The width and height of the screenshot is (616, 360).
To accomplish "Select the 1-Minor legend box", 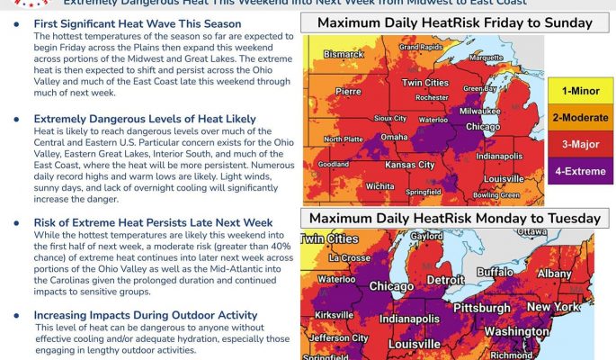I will (580, 91).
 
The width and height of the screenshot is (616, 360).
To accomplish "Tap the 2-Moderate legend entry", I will (580, 116).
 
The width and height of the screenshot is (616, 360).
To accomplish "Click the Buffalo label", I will (495, 271).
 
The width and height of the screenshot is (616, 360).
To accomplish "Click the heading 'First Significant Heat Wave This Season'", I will (138, 23).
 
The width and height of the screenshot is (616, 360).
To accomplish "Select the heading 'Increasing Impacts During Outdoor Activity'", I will (145, 315).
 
